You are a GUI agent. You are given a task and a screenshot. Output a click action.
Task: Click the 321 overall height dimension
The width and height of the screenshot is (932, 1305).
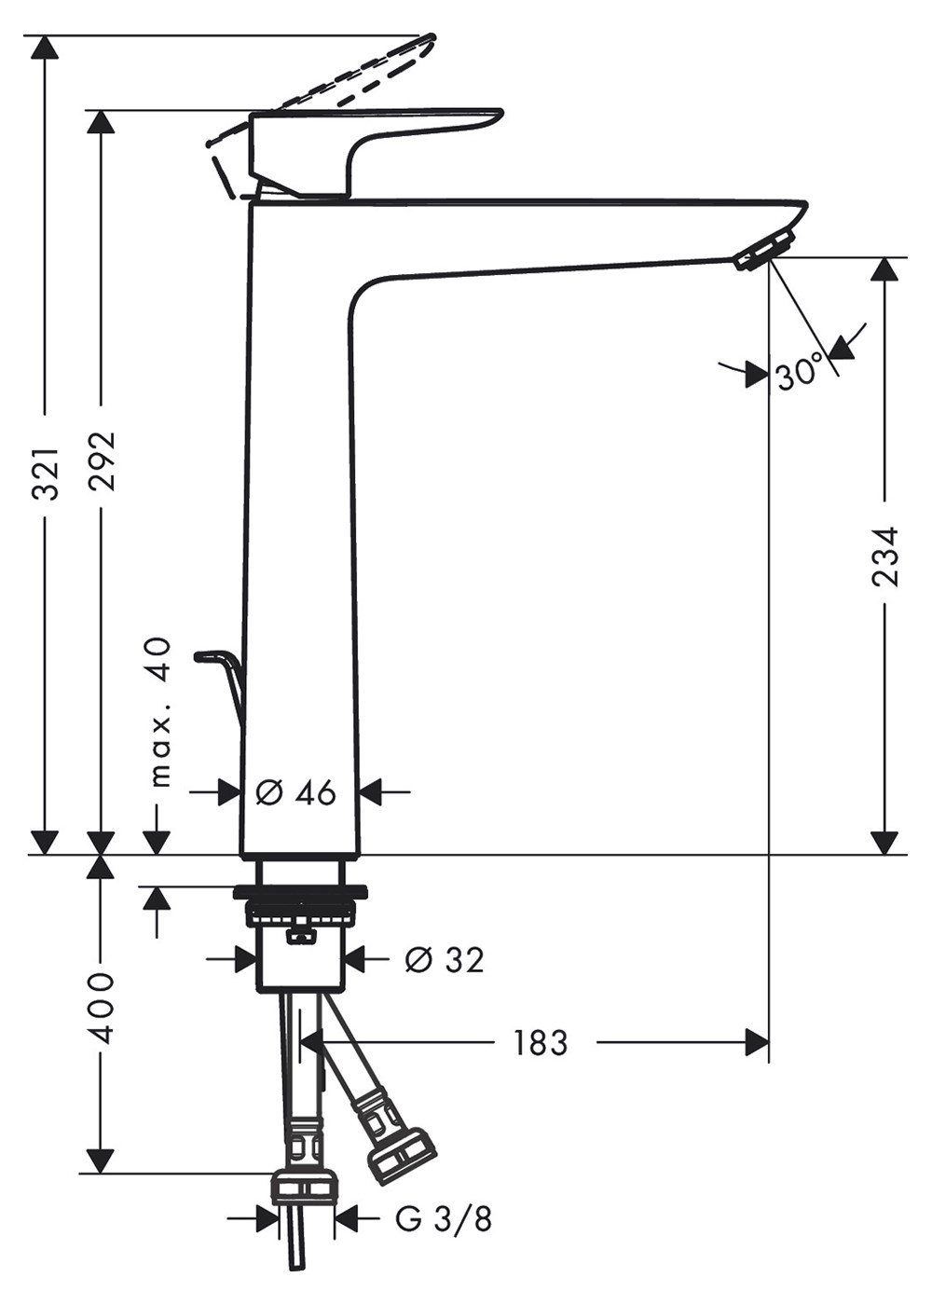pos(46,474)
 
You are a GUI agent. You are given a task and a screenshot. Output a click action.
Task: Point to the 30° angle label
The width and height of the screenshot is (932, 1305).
pos(799,371)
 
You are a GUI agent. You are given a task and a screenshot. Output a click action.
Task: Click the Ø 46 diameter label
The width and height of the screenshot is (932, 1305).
pos(296,793)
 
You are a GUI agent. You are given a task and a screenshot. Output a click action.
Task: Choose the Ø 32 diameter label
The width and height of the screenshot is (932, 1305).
pos(445,959)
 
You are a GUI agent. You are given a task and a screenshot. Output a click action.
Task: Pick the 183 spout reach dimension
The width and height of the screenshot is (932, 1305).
pos(540,1042)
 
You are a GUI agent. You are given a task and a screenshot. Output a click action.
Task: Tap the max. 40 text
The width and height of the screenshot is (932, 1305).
pos(160,712)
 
